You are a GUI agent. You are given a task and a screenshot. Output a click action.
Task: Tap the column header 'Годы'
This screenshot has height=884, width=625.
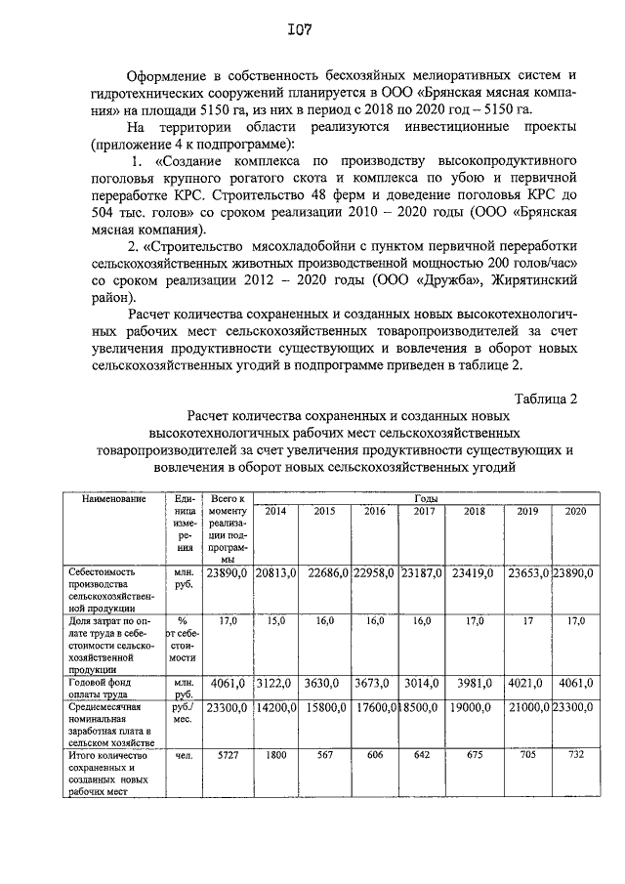coord(425,498)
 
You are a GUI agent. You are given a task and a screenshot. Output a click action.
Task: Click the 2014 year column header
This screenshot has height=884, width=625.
coord(276,511)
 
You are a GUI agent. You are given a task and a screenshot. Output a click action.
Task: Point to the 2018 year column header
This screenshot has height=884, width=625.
coord(475,511)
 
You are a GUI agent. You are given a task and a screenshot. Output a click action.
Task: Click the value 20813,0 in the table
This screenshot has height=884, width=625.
coord(275,571)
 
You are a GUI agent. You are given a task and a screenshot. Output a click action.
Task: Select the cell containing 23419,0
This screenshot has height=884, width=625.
coord(475,571)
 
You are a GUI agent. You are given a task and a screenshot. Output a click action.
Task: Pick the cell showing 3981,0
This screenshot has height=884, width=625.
coord(476,684)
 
